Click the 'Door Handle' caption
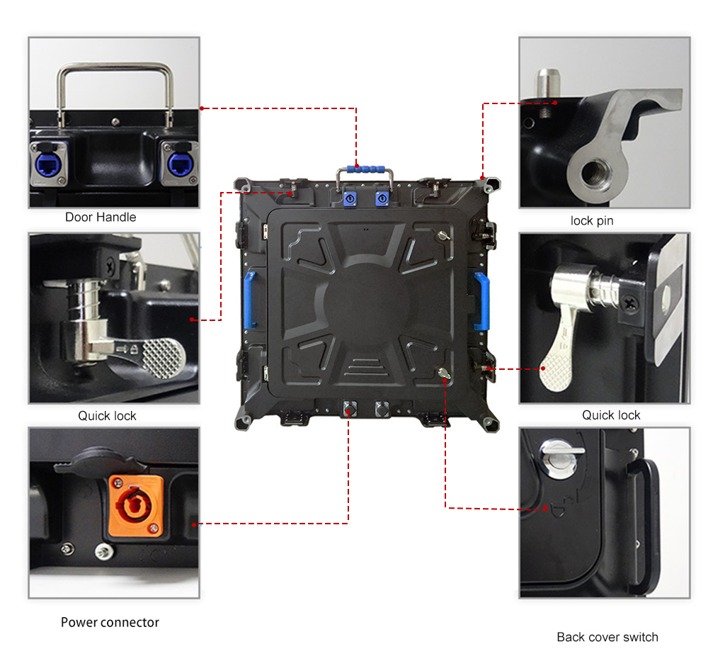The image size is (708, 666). click(x=101, y=218)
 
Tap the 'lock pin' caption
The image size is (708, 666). click(x=592, y=221)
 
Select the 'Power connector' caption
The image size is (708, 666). click(x=110, y=623)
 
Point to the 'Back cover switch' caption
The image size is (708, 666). click(x=607, y=637)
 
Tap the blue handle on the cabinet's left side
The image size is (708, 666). click(x=249, y=300)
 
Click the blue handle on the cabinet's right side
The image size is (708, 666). click(x=481, y=301)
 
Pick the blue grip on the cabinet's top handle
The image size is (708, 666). click(x=366, y=169)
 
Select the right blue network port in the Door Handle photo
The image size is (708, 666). click(x=180, y=164)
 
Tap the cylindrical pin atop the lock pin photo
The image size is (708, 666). click(x=548, y=83)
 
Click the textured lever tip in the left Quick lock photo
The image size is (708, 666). click(x=163, y=359)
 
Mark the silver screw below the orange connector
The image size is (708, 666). click(x=104, y=551)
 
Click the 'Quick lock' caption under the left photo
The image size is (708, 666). click(x=107, y=416)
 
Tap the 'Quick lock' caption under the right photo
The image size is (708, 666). click(x=611, y=415)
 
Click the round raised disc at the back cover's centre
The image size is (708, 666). click(x=366, y=301)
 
